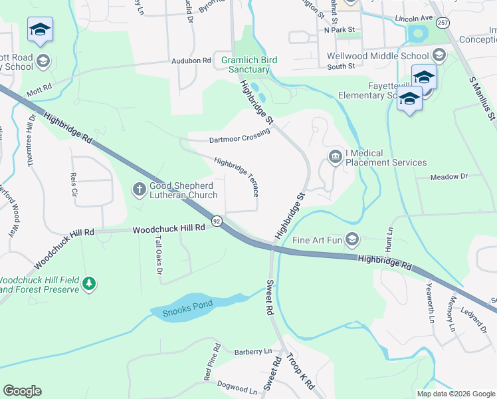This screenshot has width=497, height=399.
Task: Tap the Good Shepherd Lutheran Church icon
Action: tap(140, 190)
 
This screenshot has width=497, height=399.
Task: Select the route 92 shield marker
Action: tap(217, 220)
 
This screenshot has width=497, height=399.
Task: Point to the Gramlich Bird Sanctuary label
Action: tap(249, 65)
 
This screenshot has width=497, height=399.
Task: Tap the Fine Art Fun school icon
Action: tap(352, 239)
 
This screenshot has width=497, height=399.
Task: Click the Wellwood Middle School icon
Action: tap(438, 55)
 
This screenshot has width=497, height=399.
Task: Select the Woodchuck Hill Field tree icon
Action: tap(88, 285)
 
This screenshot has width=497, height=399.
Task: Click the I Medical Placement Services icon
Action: tap(335, 156)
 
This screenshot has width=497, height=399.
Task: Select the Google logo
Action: tap(22, 391)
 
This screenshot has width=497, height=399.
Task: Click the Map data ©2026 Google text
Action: tap(455, 394)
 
